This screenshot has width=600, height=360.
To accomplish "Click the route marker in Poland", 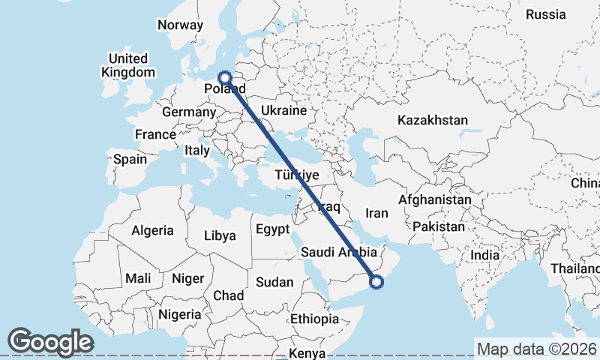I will [x=224, y=76].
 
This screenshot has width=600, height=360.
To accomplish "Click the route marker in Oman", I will [x=376, y=281].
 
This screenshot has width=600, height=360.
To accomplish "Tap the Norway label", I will [x=180, y=25].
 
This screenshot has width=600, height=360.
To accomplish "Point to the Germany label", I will [x=188, y=112].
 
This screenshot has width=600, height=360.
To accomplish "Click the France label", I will [x=154, y=134].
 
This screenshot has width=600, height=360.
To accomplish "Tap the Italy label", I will [x=196, y=150].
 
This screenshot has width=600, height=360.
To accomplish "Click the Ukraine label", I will [x=283, y=111].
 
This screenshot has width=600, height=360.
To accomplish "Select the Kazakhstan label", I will [x=433, y=120].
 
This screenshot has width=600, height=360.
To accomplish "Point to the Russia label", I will [x=545, y=14].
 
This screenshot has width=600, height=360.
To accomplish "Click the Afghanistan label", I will [x=435, y=200].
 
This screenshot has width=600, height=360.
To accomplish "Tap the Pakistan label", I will [x=439, y=226].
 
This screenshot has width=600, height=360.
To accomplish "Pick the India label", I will [x=484, y=256].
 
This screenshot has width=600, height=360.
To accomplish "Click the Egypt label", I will [x=272, y=229].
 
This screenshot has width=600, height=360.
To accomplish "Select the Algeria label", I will [x=152, y=231].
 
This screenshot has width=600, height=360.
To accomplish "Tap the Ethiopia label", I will [x=315, y=319].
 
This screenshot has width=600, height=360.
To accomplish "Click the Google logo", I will [x=49, y=342].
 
